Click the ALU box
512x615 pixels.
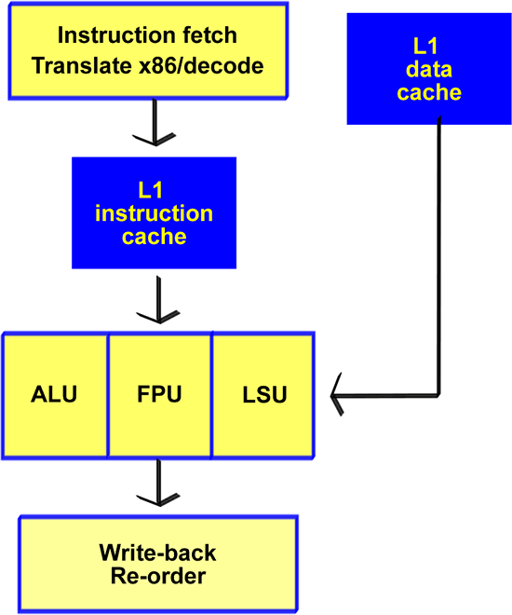pos(55,395)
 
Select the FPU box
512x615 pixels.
pos(160,395)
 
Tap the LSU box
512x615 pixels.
pos(263,395)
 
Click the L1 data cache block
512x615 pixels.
pos(429,69)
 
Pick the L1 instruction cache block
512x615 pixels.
pos(154,213)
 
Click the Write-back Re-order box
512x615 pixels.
pos(158,564)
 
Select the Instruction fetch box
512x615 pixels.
pos(148,51)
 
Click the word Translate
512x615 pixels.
pos(82,65)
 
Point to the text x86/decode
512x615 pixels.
pos(201,65)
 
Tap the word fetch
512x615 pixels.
pos(210,34)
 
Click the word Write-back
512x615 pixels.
pos(158,553)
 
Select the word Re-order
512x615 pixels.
pos(158,576)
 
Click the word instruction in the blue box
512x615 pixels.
pos(154,213)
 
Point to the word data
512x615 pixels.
pos(429,70)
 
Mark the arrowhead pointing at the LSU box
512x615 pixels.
pos(337,394)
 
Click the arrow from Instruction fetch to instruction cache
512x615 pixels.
pos(155,122)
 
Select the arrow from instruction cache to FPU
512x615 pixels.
pos(158,300)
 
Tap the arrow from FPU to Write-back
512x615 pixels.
pos(158,483)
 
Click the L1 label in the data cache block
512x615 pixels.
pos(425,47)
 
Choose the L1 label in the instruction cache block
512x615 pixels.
pos(151,190)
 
